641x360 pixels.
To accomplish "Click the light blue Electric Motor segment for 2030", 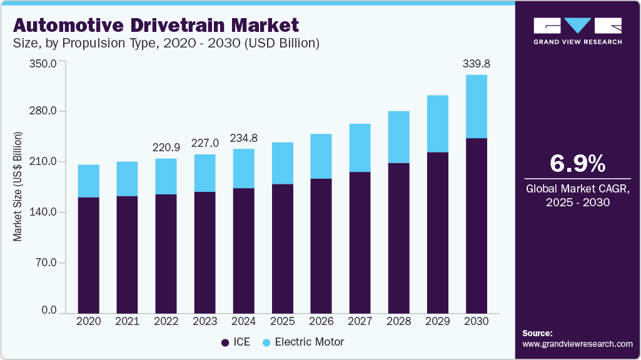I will [477, 106].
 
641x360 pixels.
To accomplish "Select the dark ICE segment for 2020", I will [88, 255].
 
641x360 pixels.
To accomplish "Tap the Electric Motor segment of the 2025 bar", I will [282, 163].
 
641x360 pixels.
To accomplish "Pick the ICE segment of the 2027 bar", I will [360, 242].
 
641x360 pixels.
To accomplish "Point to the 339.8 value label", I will [476, 64].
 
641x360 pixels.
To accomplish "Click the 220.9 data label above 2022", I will [166, 148].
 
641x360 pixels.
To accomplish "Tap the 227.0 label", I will [204, 143].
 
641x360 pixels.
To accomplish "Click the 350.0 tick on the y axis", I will [44, 63].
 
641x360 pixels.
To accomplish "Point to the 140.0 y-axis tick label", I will [44, 212].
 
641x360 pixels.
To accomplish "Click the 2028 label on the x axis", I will [398, 321].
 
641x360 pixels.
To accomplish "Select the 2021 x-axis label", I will [127, 321].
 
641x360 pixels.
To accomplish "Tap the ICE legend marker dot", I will [225, 342].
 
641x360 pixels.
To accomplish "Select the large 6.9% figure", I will [577, 163].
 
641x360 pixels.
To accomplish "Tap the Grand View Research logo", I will [577, 31].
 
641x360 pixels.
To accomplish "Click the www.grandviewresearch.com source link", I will [577, 344].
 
